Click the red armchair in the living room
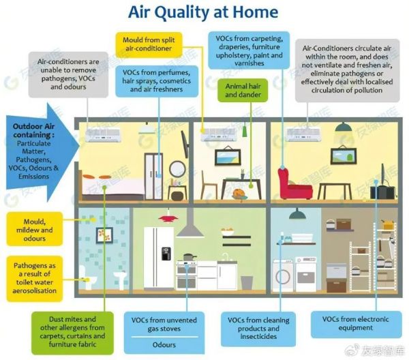click(294, 184)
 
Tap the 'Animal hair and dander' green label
click(243, 90)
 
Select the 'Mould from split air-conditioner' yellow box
click(149, 44)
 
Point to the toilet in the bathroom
click(87, 277)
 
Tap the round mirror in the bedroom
click(177, 169)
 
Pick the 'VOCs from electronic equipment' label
click(356, 324)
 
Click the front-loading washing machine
click(284, 275)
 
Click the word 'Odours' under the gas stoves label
click(164, 345)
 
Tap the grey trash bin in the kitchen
click(247, 282)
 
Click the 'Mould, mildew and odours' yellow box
click(35, 229)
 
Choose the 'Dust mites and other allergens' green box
click(72, 332)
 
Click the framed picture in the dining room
click(228, 157)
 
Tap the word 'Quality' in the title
click(184, 12)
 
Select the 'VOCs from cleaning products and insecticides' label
click(258, 329)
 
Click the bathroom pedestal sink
click(121, 280)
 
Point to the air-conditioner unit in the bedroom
click(104, 135)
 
